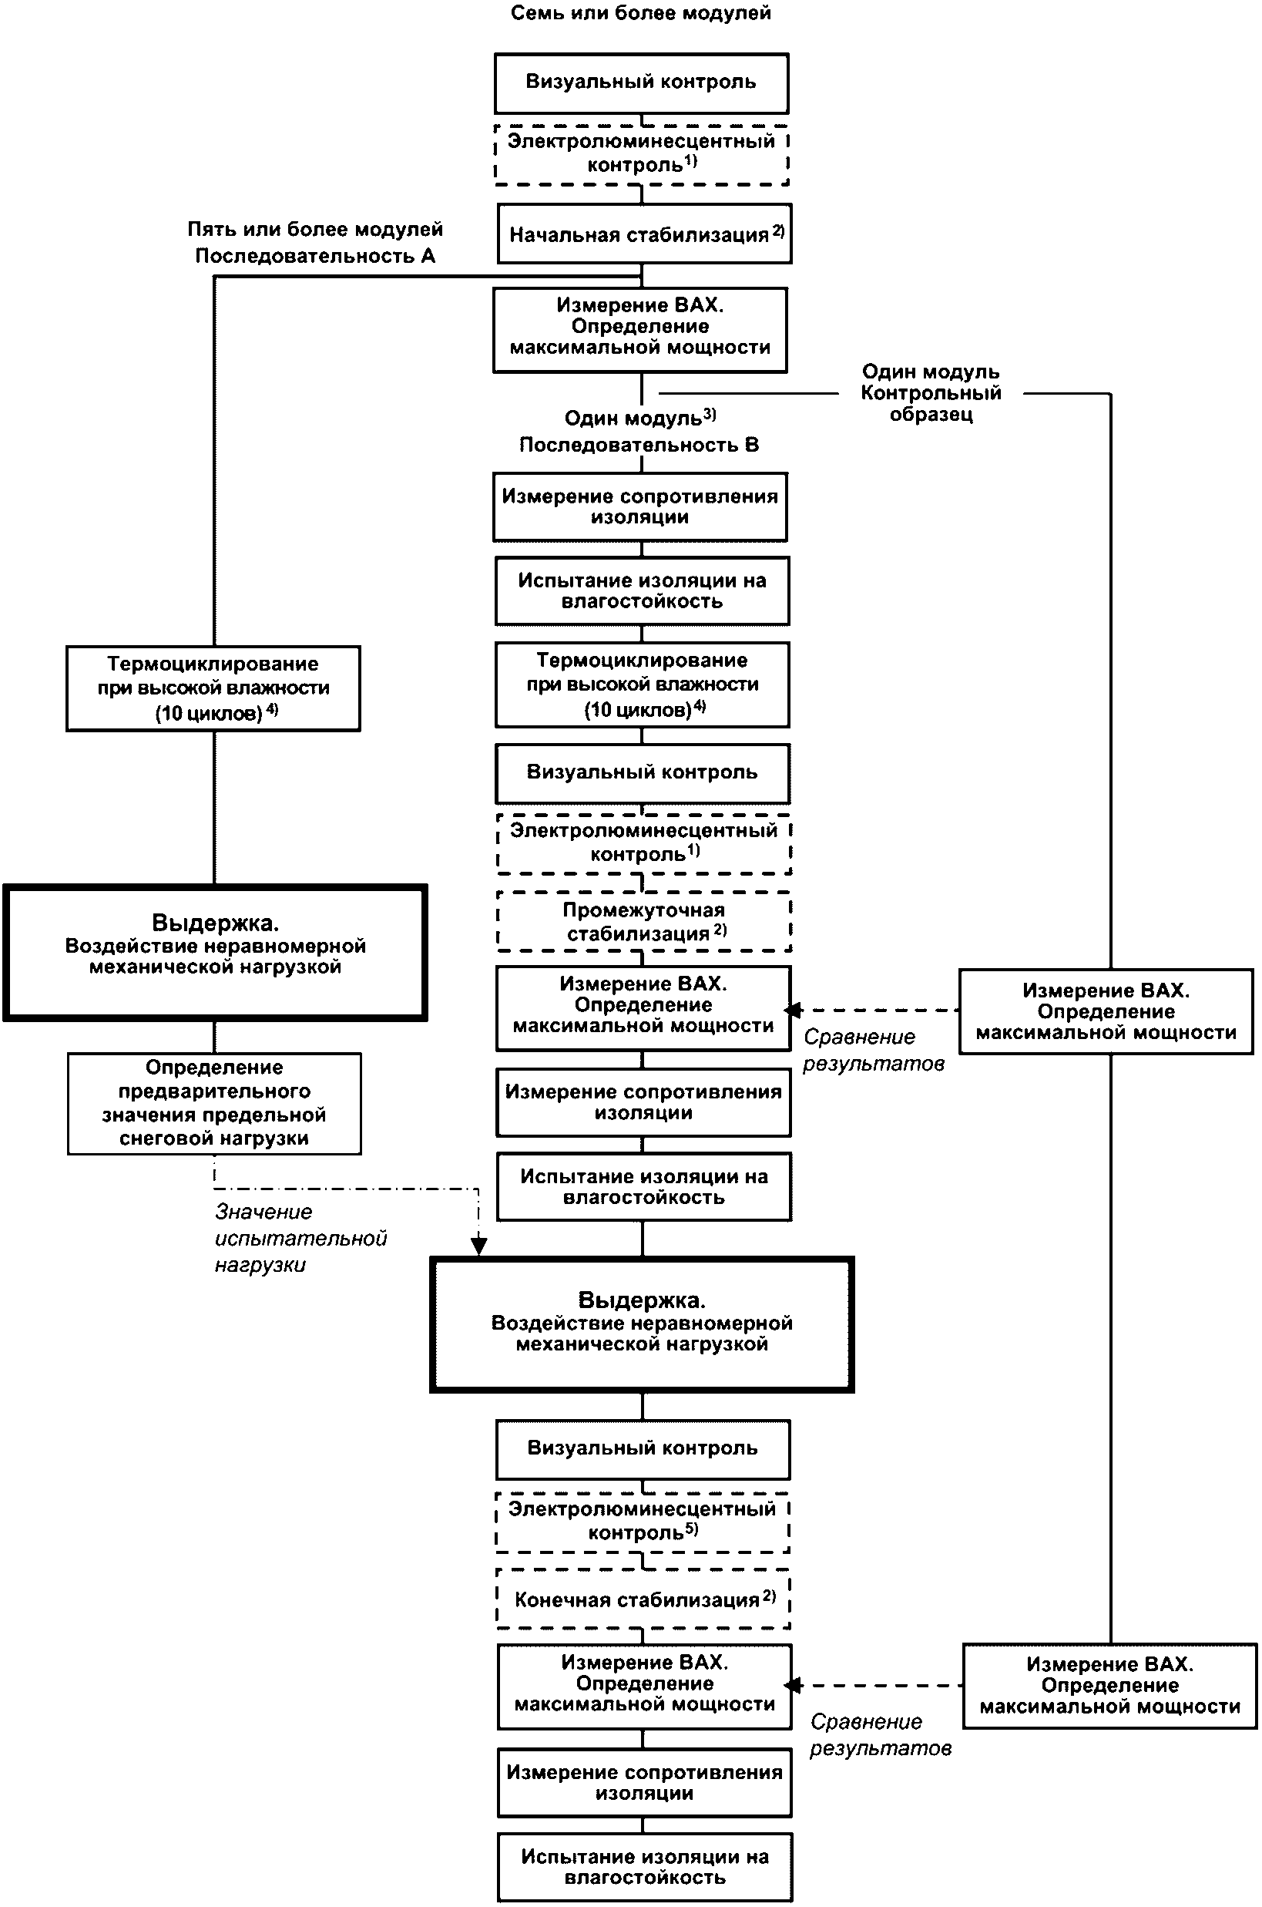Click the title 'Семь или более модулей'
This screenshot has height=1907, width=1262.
coord(641,13)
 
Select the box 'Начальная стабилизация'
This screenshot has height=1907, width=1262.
coord(644,234)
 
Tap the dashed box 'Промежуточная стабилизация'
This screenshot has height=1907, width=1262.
coord(644,922)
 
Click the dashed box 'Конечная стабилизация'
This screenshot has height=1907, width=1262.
coord(644,1599)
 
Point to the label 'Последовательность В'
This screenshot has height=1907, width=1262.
coord(639,444)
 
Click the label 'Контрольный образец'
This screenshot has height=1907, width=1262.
coord(931,403)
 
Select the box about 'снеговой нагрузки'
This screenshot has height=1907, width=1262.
coord(214,1104)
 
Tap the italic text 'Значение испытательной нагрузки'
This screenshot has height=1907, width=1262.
coord(300,1238)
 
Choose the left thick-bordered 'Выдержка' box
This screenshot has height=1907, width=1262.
coord(215,953)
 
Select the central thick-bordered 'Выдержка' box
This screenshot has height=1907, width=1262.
coord(642,1324)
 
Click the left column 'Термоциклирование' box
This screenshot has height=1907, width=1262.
coord(213,688)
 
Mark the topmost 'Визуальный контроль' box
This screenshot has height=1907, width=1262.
coord(642,83)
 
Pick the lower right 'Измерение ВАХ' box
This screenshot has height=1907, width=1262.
coord(1110,1687)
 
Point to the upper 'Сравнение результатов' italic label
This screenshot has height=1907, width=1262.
coord(873,1051)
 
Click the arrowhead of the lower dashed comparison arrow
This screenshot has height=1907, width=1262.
coord(793,1686)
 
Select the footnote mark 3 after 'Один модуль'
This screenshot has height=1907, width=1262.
coord(709,415)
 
